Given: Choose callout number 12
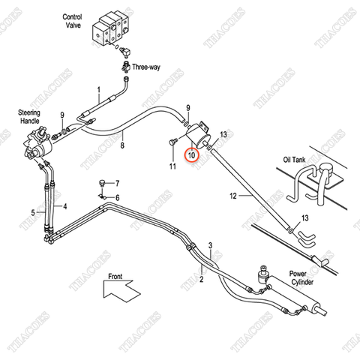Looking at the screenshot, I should click(x=233, y=196).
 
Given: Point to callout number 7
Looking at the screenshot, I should click(x=116, y=182).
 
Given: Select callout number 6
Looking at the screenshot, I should click(x=116, y=197).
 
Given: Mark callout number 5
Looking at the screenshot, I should click(x=33, y=212).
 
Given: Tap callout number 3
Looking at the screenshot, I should click(x=211, y=245).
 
